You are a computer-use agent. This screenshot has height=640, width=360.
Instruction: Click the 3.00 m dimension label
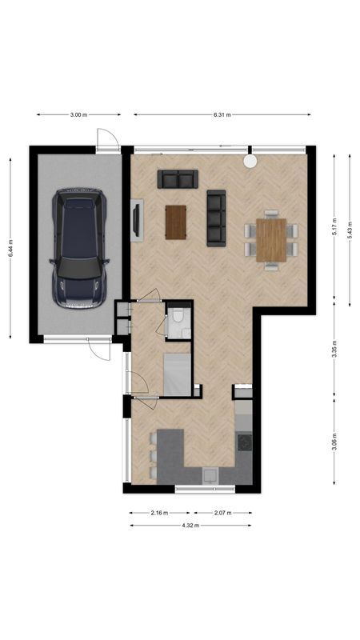click(78, 115)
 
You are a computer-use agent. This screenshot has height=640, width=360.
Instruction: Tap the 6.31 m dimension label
click(222, 115)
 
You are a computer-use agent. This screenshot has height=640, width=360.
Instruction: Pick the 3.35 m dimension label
click(334, 350)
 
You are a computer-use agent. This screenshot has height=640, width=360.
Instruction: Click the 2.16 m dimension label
click(158, 513)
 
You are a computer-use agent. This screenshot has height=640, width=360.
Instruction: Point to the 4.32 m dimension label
click(190, 526)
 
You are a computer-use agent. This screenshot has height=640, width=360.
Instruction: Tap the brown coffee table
click(176, 222)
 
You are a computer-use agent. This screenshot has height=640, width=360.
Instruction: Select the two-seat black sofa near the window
click(178, 179)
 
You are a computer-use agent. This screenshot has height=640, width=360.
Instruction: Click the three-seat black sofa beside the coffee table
click(216, 218)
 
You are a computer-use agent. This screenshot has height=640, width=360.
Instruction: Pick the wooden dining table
click(271, 239)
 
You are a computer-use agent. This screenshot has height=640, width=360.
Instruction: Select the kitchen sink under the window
click(210, 476)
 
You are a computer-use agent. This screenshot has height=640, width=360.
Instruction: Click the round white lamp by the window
click(250, 161)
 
